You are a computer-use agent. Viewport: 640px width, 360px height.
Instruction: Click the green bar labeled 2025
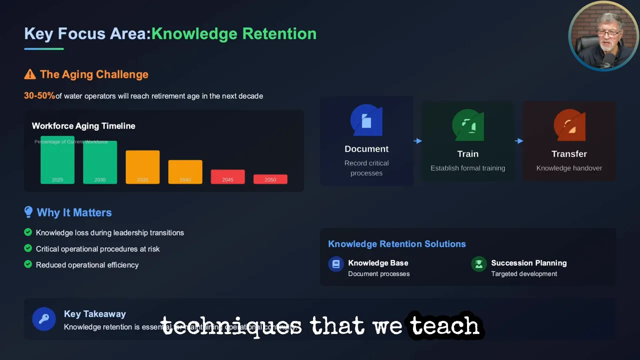coord(57,160)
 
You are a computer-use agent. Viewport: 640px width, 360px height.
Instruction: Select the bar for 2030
coord(100,162)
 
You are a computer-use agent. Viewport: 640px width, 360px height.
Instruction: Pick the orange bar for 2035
coord(142,167)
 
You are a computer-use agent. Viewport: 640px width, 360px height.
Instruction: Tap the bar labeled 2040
coord(185,172)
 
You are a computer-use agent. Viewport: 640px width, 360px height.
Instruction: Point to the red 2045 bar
coord(227,176)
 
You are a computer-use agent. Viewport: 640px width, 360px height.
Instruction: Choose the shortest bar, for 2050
coord(270,179)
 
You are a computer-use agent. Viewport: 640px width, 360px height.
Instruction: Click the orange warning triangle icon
coord(30,74)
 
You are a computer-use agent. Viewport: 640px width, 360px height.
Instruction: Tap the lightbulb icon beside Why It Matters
coord(28,212)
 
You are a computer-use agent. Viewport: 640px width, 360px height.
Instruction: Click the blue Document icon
coord(366,120)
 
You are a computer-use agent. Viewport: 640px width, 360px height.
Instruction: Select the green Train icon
coord(468,125)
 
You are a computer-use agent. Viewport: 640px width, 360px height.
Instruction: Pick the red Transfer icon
coord(569,125)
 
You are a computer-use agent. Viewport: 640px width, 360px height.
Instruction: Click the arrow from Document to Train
coord(417,141)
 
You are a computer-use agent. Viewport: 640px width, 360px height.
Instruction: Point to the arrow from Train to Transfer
coord(519,141)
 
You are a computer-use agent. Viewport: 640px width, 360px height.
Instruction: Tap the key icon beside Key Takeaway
coord(44,319)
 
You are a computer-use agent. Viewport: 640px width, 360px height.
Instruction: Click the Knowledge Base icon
coord(336,263)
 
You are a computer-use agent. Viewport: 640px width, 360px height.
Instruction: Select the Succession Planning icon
coord(479,263)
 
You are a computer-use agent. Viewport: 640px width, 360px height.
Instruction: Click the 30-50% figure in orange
coord(39,95)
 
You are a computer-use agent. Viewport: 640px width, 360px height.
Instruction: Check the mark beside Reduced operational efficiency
coord(28,264)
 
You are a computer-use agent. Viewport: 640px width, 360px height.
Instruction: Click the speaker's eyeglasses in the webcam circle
coord(608,33)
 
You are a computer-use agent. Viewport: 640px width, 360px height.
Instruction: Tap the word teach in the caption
coord(445,326)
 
